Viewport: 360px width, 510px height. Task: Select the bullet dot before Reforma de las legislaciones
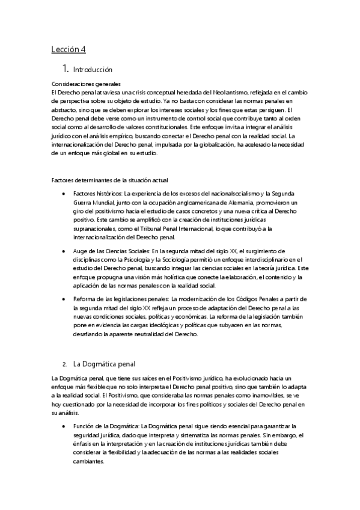pyautogui.click(x=64, y=300)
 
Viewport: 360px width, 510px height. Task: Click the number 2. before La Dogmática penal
pyautogui.click(x=64, y=364)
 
